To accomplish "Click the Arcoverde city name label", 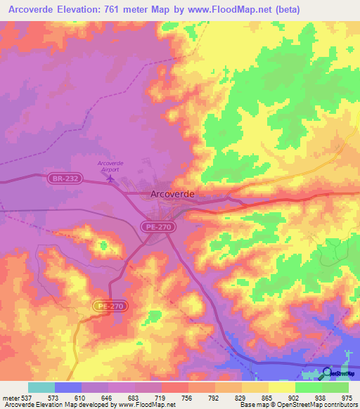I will [x=172, y=195].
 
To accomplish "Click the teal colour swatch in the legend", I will [x=41, y=387].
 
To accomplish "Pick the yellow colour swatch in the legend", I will [x=281, y=387].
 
